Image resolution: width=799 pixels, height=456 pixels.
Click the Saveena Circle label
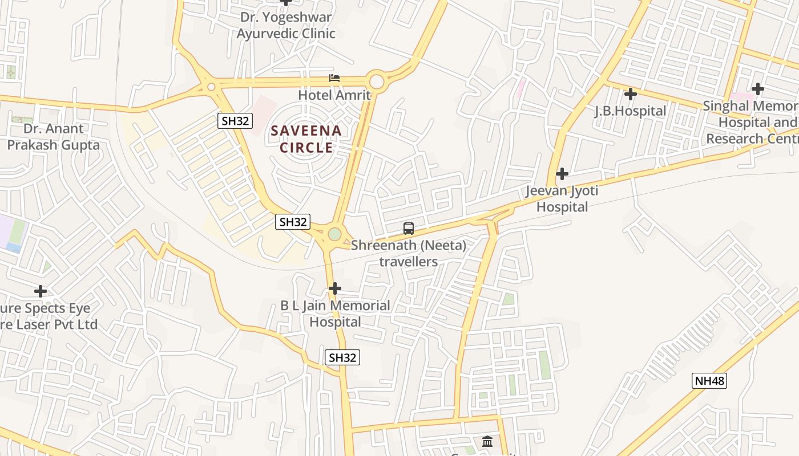pyautogui.click(x=306, y=139)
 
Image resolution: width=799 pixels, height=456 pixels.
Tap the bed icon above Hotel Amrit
pyautogui.click(x=334, y=78)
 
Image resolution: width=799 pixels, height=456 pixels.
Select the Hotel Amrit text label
pyautogui.click(x=334, y=95)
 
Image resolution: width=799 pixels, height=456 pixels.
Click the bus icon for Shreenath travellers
pyautogui.click(x=409, y=229)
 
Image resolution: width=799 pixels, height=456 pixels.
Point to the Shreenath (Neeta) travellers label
pyautogui.click(x=409, y=254)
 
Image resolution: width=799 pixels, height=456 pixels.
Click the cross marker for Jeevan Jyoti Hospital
pyautogui.click(x=562, y=173)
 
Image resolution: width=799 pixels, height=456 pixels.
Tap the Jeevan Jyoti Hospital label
pyautogui.click(x=562, y=198)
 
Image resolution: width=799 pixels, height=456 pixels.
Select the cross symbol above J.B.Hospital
pyautogui.click(x=631, y=93)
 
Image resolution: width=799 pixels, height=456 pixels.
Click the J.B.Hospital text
pyautogui.click(x=631, y=111)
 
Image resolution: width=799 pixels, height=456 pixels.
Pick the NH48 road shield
pyautogui.click(x=709, y=381)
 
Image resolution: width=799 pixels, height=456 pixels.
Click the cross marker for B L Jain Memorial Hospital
pyautogui.click(x=335, y=288)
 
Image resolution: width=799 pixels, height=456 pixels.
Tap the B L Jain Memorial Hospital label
pyautogui.click(x=335, y=313)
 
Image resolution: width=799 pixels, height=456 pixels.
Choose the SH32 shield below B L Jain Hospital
pyautogui.click(x=342, y=357)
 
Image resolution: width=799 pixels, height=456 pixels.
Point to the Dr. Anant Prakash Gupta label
pyautogui.click(x=53, y=137)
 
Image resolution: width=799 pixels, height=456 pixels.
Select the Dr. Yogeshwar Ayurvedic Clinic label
pyautogui.click(x=286, y=25)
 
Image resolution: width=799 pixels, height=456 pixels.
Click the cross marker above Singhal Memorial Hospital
pyautogui.click(x=758, y=89)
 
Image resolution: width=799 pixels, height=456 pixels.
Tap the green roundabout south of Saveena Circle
pyautogui.click(x=334, y=234)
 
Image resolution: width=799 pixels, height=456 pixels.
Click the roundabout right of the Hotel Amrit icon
pyautogui.click(x=377, y=80)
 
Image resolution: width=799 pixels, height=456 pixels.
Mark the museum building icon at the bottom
pyautogui.click(x=487, y=441)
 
